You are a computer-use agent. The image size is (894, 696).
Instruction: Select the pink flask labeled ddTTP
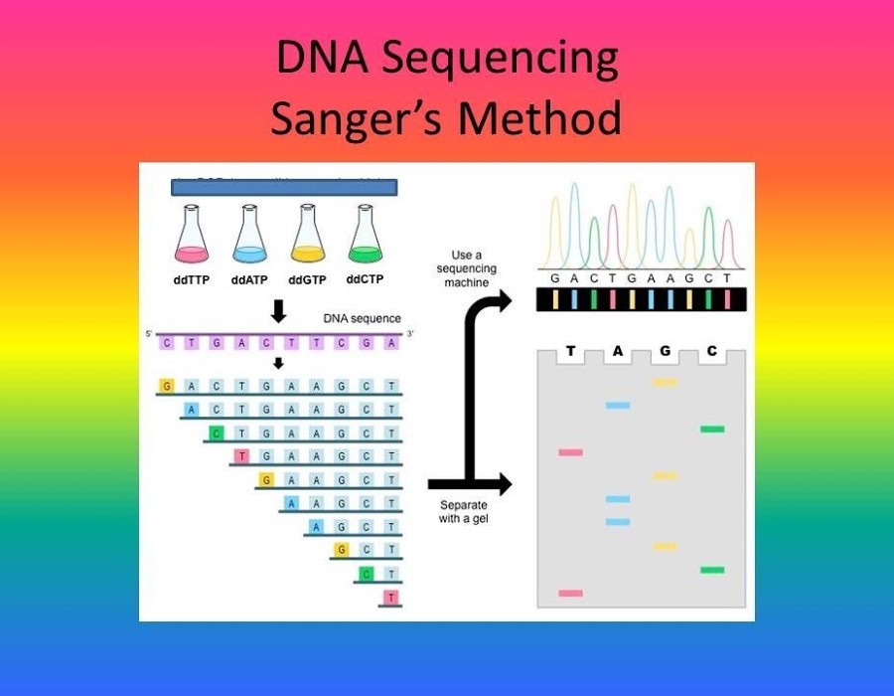[x=192, y=238]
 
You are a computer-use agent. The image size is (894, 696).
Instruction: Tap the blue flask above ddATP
[x=249, y=238]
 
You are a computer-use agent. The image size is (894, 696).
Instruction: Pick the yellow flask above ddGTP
[x=307, y=238]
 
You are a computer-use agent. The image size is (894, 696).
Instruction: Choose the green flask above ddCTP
[x=366, y=238]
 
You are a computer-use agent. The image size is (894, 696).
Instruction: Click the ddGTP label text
[x=307, y=280]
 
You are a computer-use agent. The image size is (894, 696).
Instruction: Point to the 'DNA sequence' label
[x=362, y=318]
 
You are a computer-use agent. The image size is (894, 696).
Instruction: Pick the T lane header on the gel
[x=570, y=351]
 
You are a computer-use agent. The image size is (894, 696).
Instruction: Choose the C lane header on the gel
[x=711, y=351]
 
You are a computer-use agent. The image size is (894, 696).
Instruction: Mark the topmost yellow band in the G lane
[x=665, y=382]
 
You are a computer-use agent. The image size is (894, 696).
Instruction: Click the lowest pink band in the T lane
[x=570, y=593]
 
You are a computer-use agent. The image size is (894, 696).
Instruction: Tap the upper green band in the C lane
[x=711, y=429]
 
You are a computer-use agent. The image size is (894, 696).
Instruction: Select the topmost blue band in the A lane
[x=618, y=406]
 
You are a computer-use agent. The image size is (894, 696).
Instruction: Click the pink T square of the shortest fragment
[x=390, y=597]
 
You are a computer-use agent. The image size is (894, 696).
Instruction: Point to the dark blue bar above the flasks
[x=284, y=187]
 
